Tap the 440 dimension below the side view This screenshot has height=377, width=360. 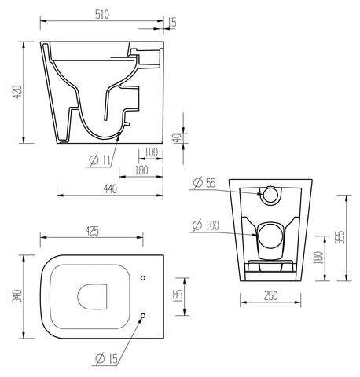coord(110,188)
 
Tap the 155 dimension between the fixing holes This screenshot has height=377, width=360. coord(178,295)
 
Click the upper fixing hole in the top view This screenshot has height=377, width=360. coord(141,278)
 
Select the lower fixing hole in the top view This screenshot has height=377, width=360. coord(141,316)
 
